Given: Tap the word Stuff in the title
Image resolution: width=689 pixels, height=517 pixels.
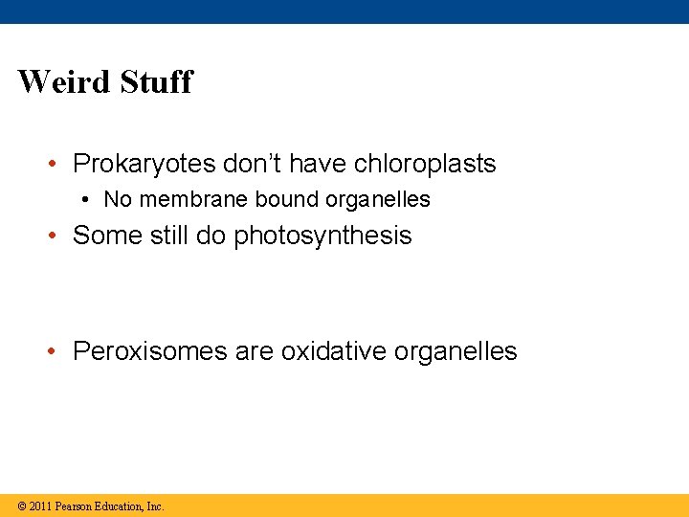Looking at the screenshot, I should [x=156, y=81].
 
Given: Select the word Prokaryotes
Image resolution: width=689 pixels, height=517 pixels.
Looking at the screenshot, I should [x=144, y=164].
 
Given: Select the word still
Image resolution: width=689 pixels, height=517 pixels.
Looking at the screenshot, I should [x=165, y=236].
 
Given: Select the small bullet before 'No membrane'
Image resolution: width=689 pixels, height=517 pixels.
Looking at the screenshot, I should [x=86, y=200].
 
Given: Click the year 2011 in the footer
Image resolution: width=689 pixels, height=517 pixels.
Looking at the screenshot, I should [x=40, y=506].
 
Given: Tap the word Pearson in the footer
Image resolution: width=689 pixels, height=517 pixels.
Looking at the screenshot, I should [x=75, y=506].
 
